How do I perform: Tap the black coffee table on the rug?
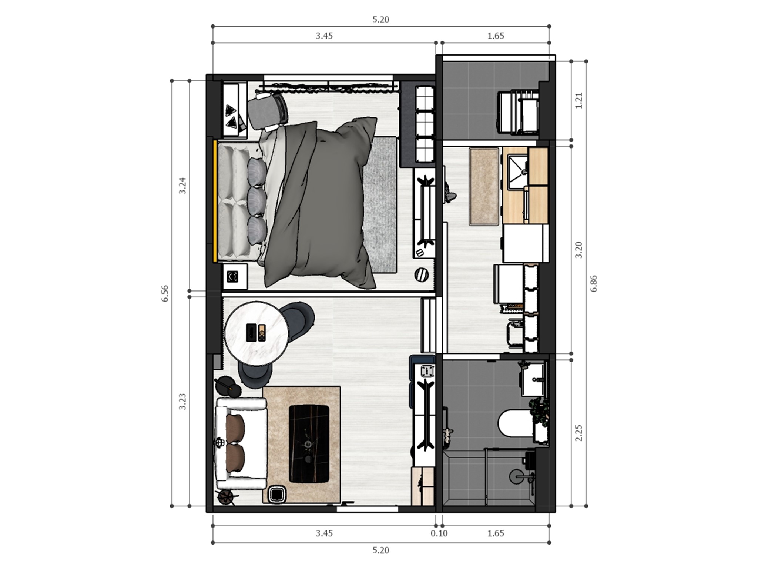pyautogui.click(x=309, y=443)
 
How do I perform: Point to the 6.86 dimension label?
pyautogui.click(x=594, y=283)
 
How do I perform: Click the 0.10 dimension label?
pyautogui.click(x=439, y=533)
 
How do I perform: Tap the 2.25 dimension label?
pyautogui.click(x=579, y=433)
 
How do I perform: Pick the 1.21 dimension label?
pyautogui.click(x=579, y=100)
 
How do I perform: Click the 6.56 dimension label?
pyautogui.click(x=165, y=293)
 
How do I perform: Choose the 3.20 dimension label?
pyautogui.click(x=579, y=250)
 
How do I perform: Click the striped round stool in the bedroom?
pyautogui.click(x=421, y=275)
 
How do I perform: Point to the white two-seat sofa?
pyautogui.click(x=241, y=443)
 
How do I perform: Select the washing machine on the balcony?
pyautogui.click(x=518, y=113)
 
